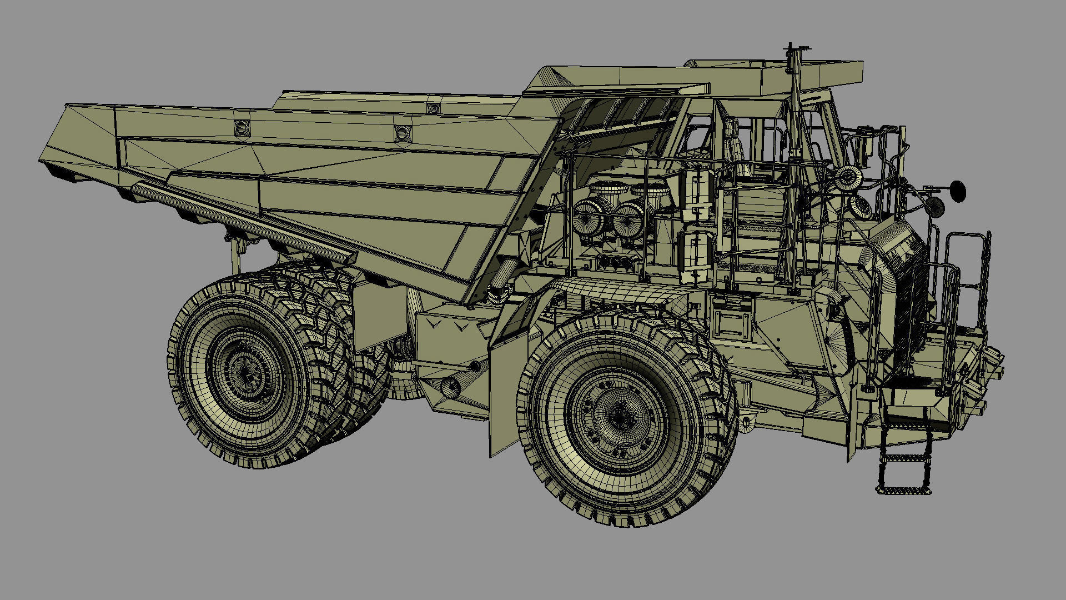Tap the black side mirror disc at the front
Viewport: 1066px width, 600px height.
tap(958, 191)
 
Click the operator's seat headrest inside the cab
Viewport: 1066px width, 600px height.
tap(732, 131)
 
